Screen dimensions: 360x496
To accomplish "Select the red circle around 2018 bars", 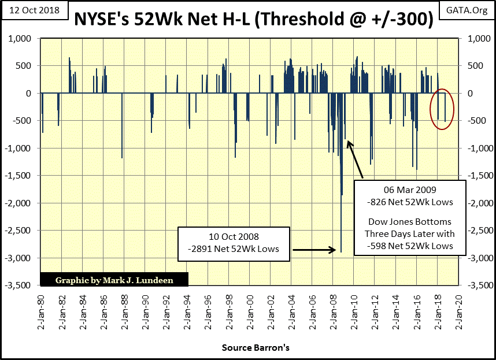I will click(442, 109).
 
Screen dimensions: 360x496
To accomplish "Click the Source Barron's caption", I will click(256, 348).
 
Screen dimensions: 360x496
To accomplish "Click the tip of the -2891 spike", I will click(341, 251).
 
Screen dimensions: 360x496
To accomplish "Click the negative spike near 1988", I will click(122, 157).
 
